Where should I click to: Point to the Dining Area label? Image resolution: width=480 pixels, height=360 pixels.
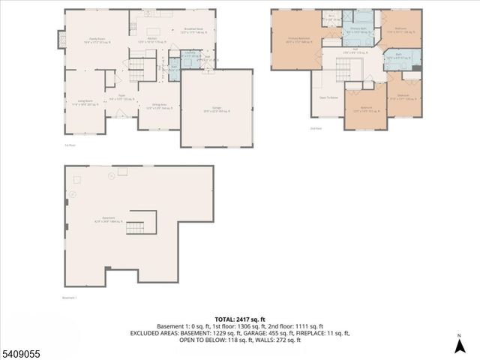tap(160, 106)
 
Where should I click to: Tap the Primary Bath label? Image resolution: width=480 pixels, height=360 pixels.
tap(358, 31)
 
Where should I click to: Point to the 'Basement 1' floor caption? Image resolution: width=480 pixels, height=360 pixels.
tap(70, 296)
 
